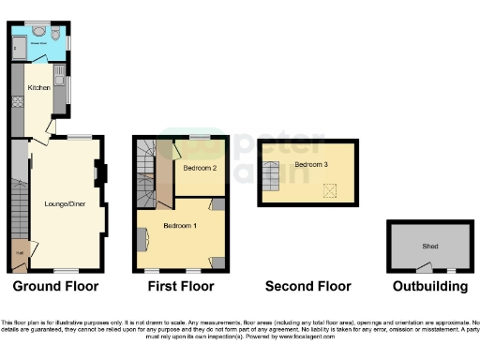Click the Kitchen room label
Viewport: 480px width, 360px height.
coord(37,88)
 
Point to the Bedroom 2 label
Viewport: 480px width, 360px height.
coord(200,168)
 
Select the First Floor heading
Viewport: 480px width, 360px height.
coord(181,286)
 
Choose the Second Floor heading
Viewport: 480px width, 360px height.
coord(308,286)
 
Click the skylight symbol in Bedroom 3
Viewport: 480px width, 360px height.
coord(329,190)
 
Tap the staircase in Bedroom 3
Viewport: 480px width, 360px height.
coord(271,172)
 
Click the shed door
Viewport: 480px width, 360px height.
coord(425,268)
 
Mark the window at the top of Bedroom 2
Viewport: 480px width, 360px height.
coord(199,137)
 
